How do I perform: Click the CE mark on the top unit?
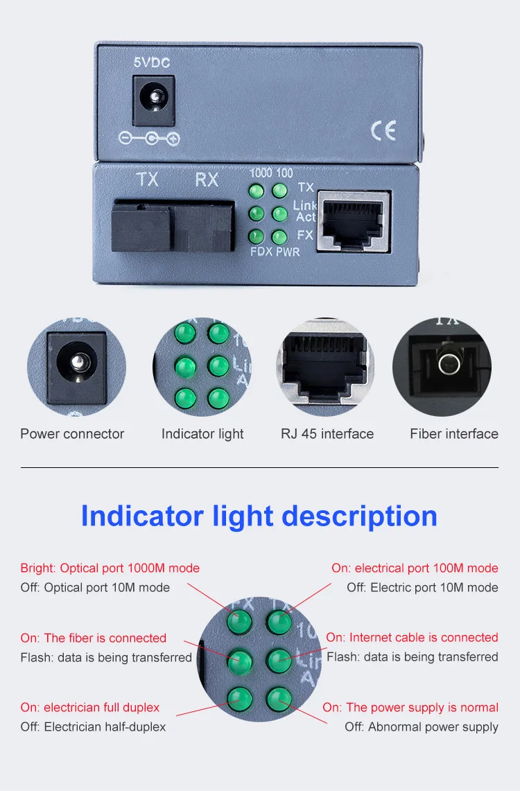(383, 130)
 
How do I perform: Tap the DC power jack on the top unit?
(153, 100)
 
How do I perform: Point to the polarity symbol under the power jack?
(148, 139)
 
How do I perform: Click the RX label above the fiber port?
(207, 180)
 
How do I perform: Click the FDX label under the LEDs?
(261, 252)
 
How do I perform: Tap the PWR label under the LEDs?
(288, 252)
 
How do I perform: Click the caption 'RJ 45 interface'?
(327, 434)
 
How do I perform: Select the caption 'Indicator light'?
(202, 434)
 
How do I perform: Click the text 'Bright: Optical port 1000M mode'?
(110, 568)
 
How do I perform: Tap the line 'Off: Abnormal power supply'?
(422, 727)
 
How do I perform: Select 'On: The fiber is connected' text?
(94, 638)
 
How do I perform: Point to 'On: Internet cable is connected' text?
(412, 637)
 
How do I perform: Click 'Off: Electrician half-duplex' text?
(93, 727)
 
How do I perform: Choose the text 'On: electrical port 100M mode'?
(415, 568)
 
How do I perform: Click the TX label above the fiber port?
(147, 180)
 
